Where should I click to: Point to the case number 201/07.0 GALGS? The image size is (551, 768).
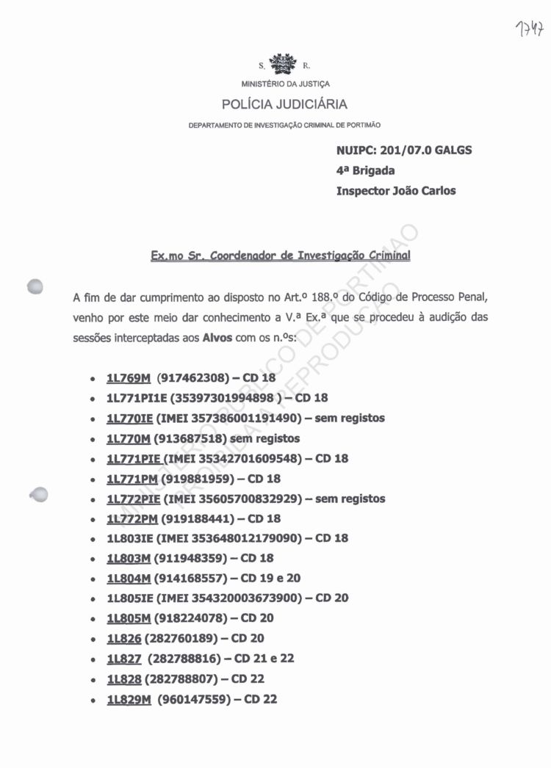[425, 151]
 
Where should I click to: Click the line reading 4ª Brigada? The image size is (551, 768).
[365, 170]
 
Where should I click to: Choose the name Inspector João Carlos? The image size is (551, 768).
[395, 191]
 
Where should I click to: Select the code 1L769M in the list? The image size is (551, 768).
[129, 379]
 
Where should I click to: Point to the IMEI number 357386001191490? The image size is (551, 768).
[240, 419]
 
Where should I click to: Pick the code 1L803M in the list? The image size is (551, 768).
[129, 558]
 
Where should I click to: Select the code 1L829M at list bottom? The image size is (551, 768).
[129, 699]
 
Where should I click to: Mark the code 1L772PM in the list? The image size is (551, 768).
[132, 518]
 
